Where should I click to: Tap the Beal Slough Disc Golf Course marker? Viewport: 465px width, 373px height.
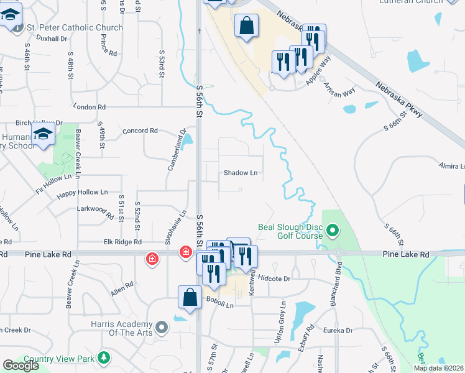pyautogui.click(x=332, y=232)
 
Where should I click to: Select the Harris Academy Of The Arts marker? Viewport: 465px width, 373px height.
pyautogui.click(x=162, y=326)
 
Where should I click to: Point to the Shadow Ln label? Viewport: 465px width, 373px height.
pyautogui.click(x=241, y=173)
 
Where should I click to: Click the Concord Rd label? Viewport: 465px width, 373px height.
pyautogui.click(x=140, y=131)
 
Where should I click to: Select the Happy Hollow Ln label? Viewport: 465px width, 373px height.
pyautogui.click(x=83, y=193)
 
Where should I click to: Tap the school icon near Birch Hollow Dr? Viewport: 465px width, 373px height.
pyautogui.click(x=44, y=134)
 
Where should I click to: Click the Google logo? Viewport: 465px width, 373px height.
pyautogui.click(x=21, y=366)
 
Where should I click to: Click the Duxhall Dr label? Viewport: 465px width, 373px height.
pyautogui.click(x=51, y=39)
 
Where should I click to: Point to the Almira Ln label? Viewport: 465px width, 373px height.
pyautogui.click(x=451, y=167)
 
